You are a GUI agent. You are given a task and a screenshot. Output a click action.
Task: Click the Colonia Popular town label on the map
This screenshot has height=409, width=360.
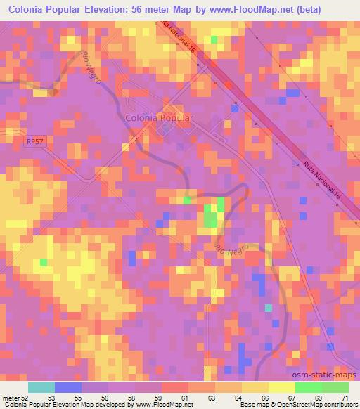click(159, 119)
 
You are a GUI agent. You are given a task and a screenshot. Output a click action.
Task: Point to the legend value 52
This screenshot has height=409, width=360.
click(26, 398)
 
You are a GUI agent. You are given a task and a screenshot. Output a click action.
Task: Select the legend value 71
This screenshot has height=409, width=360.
click(345, 398)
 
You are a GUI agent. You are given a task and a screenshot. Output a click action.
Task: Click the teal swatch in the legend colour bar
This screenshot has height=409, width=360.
click(41, 387)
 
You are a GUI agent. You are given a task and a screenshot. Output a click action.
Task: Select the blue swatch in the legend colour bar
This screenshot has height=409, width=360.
click(68, 387)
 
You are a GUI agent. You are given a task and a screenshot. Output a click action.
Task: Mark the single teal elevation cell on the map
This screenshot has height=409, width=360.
click(268, 307)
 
